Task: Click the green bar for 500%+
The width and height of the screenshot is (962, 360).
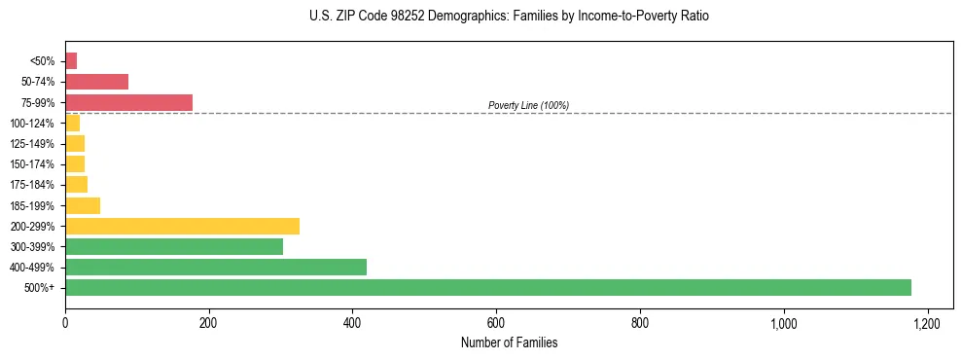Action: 487,287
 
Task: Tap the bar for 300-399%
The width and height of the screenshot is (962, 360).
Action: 174,246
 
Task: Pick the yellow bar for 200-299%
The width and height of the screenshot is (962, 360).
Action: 182,226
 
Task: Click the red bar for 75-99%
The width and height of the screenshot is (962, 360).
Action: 128,102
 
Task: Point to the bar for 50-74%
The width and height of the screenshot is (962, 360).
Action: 96,82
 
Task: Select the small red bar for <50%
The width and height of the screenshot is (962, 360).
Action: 71,61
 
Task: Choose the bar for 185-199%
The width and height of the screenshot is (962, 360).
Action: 83,205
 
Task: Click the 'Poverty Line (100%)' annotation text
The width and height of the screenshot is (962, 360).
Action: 528,105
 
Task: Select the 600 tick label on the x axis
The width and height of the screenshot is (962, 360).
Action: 496,322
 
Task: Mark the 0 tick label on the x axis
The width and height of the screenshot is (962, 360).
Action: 65,322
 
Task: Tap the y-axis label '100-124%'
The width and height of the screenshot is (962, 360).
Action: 32,124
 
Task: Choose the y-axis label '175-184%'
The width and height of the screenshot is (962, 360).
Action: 32,185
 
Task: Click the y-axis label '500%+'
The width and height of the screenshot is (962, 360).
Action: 38,288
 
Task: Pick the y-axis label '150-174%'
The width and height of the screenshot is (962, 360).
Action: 32,164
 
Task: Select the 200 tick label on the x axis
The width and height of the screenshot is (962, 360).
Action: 208,322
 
